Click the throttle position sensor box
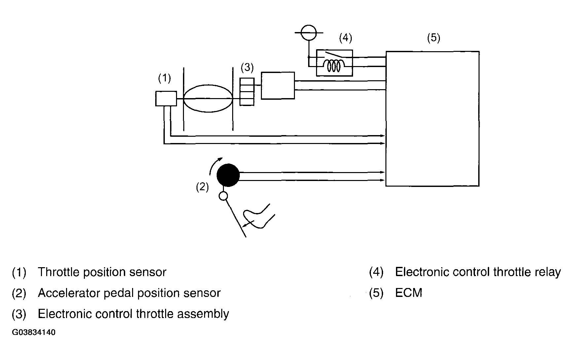coord(166,98)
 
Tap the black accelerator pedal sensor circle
coord(228,175)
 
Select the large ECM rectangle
coord(433,119)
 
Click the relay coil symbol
coord(334,66)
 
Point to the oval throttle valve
coord(208,98)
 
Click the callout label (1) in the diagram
coord(164,78)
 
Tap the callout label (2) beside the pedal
coord(202,187)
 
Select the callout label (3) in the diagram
coord(247,68)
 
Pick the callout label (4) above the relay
coord(346,38)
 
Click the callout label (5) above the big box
coord(434,38)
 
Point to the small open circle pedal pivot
coord(224,197)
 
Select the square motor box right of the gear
coord(278,86)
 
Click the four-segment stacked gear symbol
coord(247,92)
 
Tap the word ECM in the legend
coord(409,293)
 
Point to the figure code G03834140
coord(34,332)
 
